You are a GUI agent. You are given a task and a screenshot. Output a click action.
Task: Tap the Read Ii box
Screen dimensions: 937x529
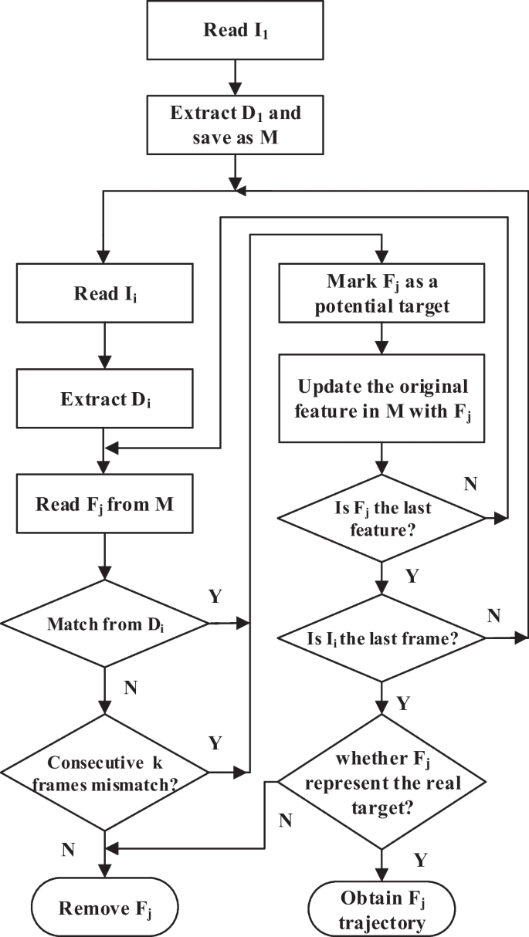click(x=103, y=294)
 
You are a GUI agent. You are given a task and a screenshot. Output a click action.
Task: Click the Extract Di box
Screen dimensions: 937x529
click(x=103, y=401)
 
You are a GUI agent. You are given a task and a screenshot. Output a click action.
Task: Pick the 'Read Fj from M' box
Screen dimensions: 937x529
click(x=103, y=506)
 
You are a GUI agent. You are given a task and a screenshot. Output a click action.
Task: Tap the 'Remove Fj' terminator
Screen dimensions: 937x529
click(x=103, y=906)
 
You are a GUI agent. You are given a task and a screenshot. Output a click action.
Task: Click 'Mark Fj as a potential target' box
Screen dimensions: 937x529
click(x=381, y=294)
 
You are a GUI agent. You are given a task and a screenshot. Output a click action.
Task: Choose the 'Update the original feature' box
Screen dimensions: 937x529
click(x=381, y=398)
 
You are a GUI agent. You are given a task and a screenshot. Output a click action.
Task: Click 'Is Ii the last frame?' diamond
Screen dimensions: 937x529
click(x=381, y=638)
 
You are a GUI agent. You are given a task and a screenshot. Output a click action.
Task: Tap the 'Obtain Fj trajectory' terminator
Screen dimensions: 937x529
click(x=381, y=908)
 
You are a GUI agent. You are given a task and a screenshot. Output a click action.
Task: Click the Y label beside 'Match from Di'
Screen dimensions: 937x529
click(x=215, y=596)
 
